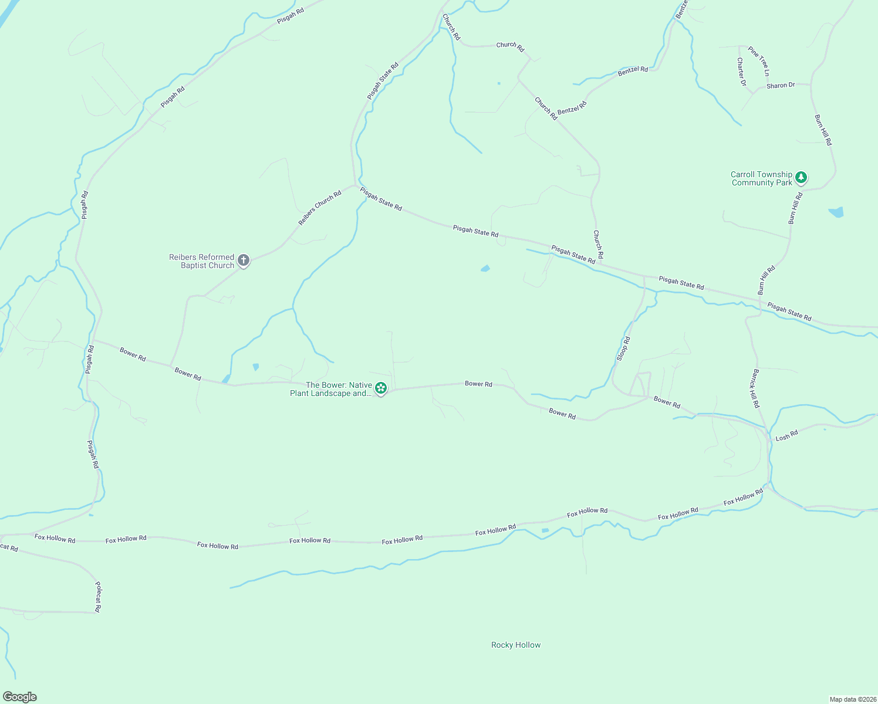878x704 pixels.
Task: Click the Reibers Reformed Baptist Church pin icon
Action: point(244,260)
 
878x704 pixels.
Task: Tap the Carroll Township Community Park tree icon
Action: point(801,178)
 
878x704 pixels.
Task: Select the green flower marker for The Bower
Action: point(381,388)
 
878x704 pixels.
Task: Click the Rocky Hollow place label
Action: point(516,645)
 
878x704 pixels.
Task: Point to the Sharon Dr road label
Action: point(781,86)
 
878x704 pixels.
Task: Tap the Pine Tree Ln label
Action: point(758,61)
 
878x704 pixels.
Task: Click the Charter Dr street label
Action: point(741,72)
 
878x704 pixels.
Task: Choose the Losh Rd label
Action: point(787,436)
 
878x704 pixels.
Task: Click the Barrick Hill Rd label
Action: point(756,388)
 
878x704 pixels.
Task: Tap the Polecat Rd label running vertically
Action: point(99,597)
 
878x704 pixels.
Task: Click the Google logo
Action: point(20,697)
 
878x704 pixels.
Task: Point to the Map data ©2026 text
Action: point(852,699)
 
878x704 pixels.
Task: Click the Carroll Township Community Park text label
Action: point(761,178)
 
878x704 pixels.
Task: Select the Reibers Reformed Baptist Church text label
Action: point(202,261)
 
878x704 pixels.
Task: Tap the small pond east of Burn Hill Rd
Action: point(836,212)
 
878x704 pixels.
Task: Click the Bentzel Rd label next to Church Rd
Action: point(572,108)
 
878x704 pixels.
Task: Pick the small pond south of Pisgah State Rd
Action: point(485,269)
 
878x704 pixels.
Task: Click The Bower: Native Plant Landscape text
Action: point(332,389)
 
